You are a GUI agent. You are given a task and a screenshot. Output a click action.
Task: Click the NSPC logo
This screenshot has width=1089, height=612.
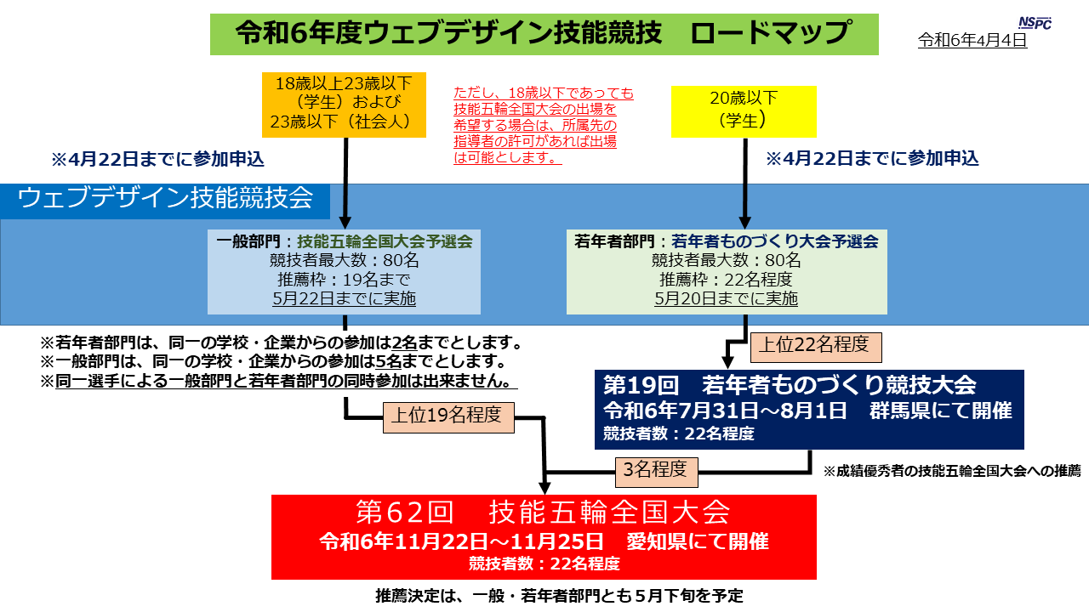point(1035,23)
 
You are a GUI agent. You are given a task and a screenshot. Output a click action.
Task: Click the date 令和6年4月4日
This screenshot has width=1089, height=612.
point(972,40)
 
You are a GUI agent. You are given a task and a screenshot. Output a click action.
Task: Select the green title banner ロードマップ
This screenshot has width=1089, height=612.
point(544,34)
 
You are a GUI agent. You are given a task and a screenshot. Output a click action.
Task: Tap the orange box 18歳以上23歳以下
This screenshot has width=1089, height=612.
point(344,105)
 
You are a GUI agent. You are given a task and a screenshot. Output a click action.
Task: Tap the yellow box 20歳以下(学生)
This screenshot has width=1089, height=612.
point(744,111)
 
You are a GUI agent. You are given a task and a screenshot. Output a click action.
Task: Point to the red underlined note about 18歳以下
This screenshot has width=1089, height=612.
point(544,125)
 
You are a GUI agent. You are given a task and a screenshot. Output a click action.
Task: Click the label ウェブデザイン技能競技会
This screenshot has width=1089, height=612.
point(165,198)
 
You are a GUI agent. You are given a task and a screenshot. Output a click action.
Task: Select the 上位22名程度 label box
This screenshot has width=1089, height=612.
point(816,347)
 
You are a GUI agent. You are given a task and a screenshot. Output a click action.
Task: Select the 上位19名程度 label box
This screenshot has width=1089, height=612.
point(448,417)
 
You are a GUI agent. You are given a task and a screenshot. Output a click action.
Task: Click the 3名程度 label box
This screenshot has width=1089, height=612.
point(656,472)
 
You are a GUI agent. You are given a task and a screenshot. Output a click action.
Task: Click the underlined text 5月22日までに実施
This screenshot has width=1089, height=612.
point(345,298)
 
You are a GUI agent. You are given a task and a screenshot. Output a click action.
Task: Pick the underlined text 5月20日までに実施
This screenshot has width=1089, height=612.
point(727,298)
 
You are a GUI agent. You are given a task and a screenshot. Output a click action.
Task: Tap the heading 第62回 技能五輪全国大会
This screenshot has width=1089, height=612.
point(544,512)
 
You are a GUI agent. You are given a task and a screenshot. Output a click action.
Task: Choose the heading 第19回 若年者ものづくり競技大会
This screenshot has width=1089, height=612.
point(790,385)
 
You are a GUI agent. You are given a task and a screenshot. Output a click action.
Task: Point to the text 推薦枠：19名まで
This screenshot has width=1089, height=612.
point(345,280)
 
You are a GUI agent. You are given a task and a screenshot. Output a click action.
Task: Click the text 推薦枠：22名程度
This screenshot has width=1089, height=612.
point(727,280)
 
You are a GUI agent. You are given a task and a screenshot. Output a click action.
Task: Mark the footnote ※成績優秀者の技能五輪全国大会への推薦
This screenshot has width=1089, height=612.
point(952,471)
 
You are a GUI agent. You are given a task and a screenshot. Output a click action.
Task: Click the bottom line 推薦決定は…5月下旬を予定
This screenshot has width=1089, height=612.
point(559,596)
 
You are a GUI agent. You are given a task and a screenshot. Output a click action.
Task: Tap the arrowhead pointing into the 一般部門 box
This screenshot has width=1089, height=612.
point(345,223)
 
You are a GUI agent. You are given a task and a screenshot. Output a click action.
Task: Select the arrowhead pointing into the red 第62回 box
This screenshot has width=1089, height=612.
point(544,489)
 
